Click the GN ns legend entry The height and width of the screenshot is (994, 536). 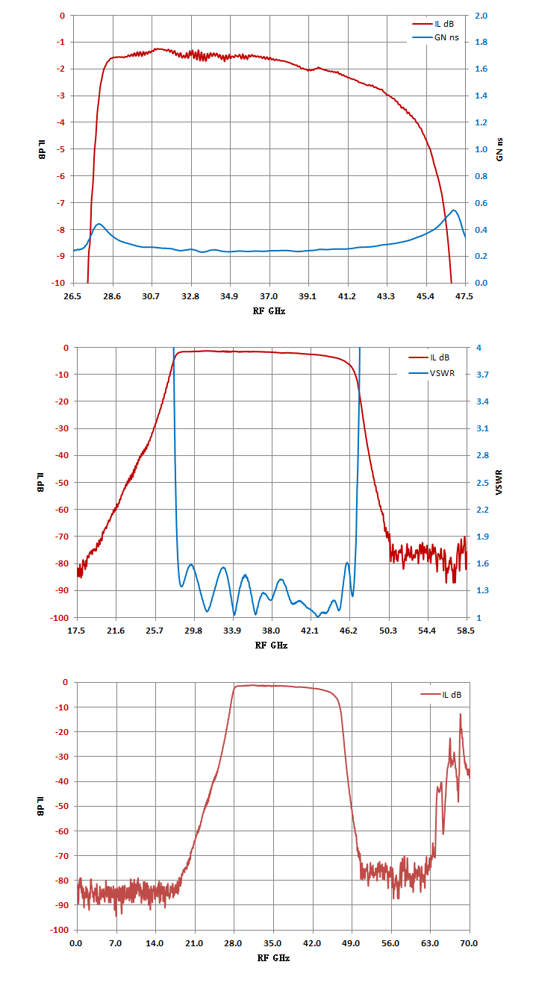(x=435, y=38)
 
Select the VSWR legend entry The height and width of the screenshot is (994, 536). (x=431, y=373)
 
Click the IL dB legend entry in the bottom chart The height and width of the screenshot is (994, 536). (x=441, y=695)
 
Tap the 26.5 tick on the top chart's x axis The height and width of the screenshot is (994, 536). (x=72, y=296)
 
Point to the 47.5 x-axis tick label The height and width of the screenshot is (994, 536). (x=464, y=296)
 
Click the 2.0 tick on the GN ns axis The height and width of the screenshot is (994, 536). (x=481, y=16)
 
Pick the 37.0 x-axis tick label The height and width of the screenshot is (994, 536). (x=269, y=296)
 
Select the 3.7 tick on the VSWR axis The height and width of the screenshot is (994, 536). (x=482, y=375)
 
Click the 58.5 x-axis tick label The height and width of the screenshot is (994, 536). (x=465, y=631)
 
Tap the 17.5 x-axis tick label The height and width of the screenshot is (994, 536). (x=76, y=631)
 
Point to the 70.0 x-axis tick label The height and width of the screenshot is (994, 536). (x=469, y=943)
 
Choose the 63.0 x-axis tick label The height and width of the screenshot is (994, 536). (x=430, y=943)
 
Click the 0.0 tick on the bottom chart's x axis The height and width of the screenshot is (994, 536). (x=76, y=943)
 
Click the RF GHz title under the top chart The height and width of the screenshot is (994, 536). (x=269, y=311)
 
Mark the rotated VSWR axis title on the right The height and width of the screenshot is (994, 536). (x=499, y=482)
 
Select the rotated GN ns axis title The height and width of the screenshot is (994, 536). (x=499, y=149)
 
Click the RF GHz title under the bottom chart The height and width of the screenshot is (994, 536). (x=273, y=958)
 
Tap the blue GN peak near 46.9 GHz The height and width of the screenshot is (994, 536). (x=454, y=210)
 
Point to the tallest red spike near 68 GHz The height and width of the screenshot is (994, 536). (x=461, y=714)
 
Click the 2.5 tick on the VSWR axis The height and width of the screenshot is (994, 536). (x=482, y=483)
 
